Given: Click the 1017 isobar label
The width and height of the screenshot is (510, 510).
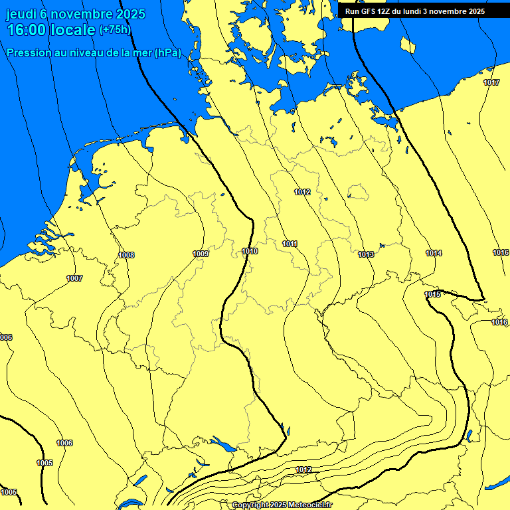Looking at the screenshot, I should pos(491,82).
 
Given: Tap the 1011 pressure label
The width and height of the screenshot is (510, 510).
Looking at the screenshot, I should pos(290,244).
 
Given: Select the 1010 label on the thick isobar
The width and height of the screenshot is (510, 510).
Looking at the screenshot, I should pos(250,251).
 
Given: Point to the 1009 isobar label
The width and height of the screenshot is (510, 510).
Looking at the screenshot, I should pos(201,254).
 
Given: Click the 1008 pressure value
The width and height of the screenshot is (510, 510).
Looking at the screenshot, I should pos(126,255).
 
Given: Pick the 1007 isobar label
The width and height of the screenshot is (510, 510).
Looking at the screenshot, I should pos(74,278).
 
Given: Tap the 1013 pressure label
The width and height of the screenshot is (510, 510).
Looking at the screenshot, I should pos(365,254).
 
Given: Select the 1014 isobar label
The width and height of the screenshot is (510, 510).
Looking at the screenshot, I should pos(434,253).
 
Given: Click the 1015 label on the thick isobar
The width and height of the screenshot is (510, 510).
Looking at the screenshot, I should pos(432,294).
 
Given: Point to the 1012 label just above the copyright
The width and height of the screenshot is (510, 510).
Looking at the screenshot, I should pos(303,470).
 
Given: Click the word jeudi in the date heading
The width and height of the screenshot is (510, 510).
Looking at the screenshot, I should pos(21,14).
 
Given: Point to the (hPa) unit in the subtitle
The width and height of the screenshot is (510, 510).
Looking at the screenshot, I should pos(167,53).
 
